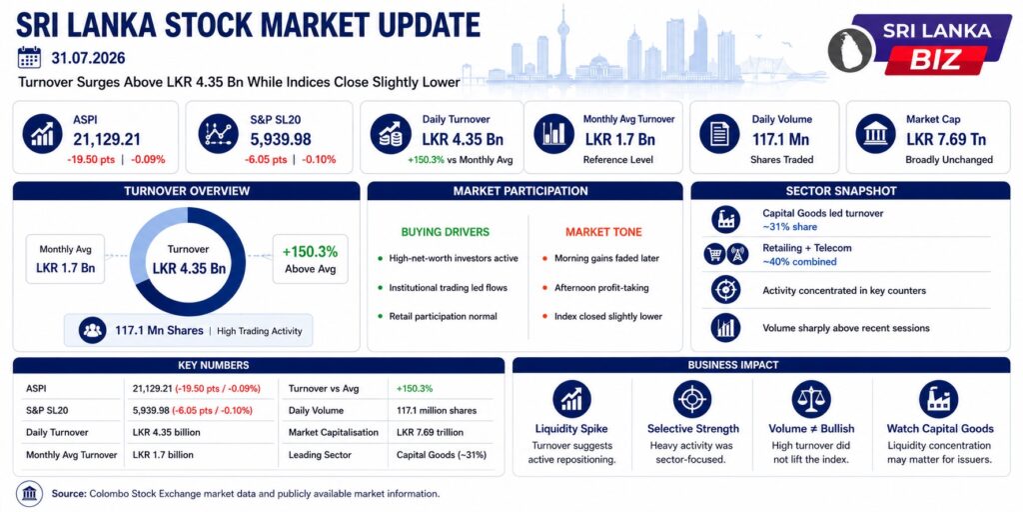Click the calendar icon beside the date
coord(29,57)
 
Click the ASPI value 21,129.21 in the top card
coord(106,139)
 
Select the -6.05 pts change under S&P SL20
coord(266,160)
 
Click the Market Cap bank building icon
coord(875,134)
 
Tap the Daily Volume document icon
coord(719,134)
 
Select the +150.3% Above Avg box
coord(310,259)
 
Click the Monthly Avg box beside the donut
coord(65,259)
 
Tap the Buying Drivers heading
coord(445,232)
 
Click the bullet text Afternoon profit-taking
coord(601,287)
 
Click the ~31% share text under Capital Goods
coord(789,227)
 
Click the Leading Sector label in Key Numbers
coord(320,455)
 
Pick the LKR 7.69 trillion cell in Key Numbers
coord(430,432)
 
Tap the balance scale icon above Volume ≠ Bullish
coord(811,399)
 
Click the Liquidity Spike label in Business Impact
coord(571,429)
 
